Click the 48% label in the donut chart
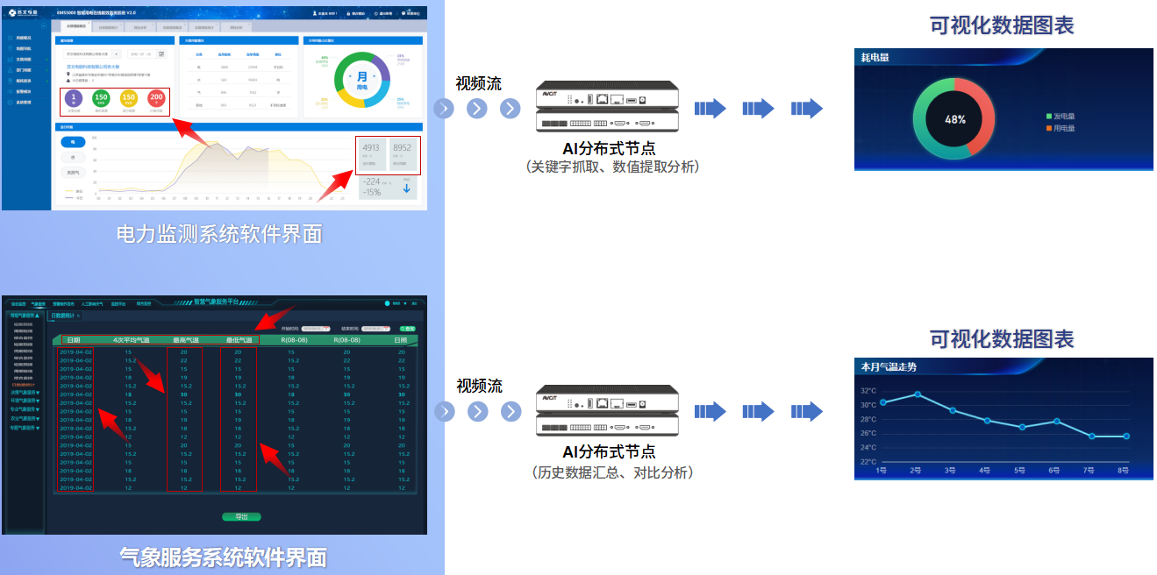(x=954, y=119)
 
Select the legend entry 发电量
(x=1064, y=116)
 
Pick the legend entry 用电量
(x=1064, y=129)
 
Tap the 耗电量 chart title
(x=875, y=58)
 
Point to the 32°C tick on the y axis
(x=868, y=391)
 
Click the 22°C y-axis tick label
(x=868, y=462)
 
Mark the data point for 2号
(x=918, y=394)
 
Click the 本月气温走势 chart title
(x=889, y=367)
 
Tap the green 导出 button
(x=241, y=517)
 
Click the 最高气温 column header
(x=185, y=340)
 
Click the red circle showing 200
(x=156, y=101)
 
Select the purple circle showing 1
(x=75, y=101)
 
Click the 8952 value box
(x=403, y=153)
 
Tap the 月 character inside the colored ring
(x=362, y=77)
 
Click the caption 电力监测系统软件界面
(x=219, y=234)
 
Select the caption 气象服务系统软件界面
(x=223, y=557)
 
